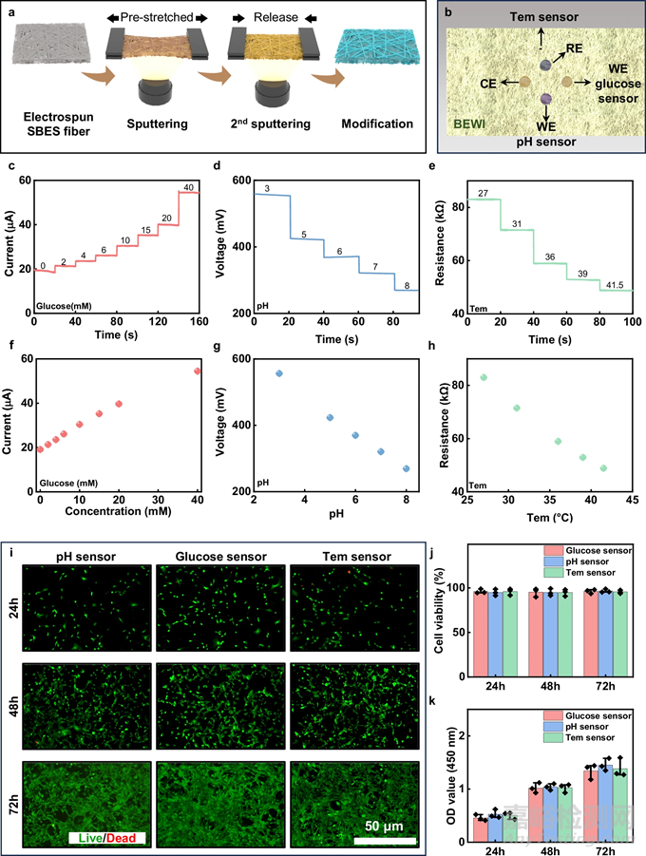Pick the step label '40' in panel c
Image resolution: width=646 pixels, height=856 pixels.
click(188, 186)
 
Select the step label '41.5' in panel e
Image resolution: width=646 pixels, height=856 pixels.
click(616, 284)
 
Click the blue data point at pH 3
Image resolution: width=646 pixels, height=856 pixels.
click(278, 373)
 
